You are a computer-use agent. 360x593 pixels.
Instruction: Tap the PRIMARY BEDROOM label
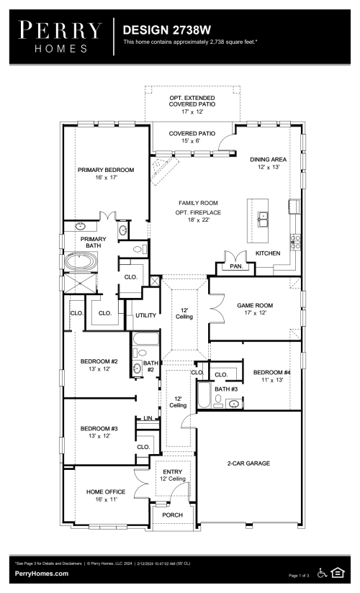pos(106,171)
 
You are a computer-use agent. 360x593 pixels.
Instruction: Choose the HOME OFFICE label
pos(106,492)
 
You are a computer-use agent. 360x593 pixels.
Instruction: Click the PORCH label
pos(172,515)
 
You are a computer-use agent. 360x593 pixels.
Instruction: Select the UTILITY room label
pos(145,315)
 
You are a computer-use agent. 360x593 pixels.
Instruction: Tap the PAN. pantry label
pos(235,266)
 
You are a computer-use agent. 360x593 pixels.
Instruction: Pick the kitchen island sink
pos(263,215)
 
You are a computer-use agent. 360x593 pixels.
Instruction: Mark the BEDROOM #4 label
pos(271,372)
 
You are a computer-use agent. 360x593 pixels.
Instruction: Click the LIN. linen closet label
pos(148,418)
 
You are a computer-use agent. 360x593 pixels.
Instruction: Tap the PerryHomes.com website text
pos(42,574)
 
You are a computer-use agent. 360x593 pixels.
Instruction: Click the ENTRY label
pos(172,471)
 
